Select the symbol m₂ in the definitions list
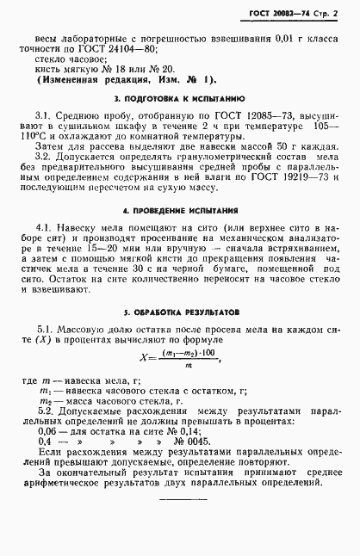(x=46, y=401)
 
